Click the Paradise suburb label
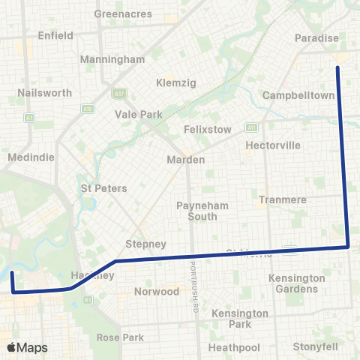(x=317, y=38)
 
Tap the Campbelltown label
(x=298, y=96)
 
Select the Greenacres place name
(x=124, y=13)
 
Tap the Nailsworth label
(x=45, y=93)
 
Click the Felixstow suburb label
(x=208, y=129)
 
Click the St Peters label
(x=103, y=188)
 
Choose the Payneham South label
(x=196, y=211)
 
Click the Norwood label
(x=157, y=291)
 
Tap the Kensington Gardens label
(x=297, y=283)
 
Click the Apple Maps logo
(x=27, y=347)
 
